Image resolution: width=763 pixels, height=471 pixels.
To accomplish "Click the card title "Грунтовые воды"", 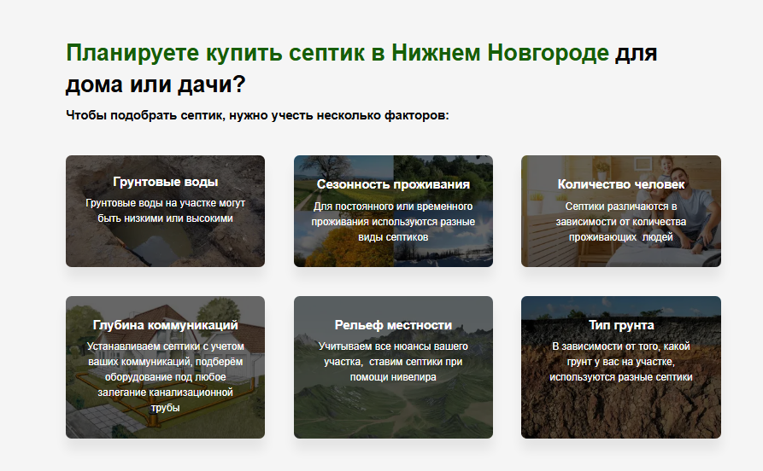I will point(165,182).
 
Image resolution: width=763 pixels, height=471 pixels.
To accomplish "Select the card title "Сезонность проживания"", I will point(393,184).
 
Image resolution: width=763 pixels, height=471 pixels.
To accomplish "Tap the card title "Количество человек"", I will point(621,184).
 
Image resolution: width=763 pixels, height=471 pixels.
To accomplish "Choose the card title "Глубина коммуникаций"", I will point(165,325).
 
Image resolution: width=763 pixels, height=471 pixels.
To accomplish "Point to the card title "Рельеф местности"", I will point(393,325).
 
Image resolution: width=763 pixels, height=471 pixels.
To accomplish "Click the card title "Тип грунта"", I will point(621,325).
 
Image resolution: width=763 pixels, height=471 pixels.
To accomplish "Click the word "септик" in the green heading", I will point(326,53).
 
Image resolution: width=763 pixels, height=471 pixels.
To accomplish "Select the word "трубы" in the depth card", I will point(165,408).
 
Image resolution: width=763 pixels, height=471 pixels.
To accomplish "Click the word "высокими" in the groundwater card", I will point(210,218).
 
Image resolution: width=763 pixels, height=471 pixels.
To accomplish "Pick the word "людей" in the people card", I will point(658,237).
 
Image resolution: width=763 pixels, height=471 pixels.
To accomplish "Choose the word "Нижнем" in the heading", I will point(436,53).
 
